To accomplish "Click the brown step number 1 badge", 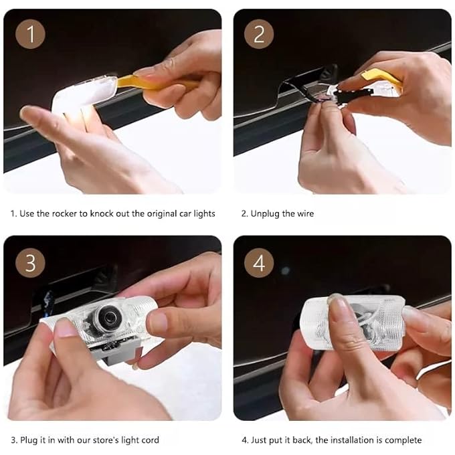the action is [x=30, y=33].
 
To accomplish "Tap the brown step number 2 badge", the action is [x=259, y=33].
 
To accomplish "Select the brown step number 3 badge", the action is [x=30, y=262].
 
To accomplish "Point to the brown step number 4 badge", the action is [x=259, y=262].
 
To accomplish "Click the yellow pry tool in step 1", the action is [x=154, y=82].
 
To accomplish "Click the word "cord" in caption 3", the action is [x=151, y=440].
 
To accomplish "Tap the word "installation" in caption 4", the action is [x=352, y=440].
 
